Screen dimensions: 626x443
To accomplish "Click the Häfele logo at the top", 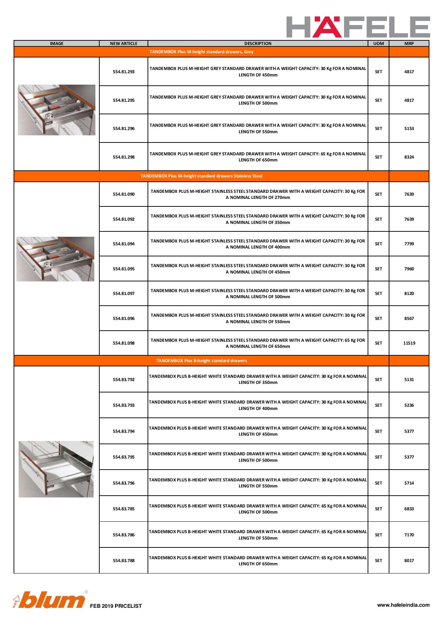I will (358, 27).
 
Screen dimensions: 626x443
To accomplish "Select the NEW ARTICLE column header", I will (124, 44).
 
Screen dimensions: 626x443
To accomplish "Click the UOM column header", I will (378, 44).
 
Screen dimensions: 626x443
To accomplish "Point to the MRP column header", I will (409, 44).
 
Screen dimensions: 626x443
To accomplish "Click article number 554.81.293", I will (124, 72).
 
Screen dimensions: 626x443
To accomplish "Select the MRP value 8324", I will (409, 157).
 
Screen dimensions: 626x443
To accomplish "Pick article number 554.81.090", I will (124, 194).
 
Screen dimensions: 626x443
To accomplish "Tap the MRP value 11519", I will (409, 343).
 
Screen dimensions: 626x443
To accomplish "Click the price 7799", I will (409, 244).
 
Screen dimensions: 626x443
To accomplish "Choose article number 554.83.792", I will (124, 380).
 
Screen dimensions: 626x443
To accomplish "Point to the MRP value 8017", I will (409, 561).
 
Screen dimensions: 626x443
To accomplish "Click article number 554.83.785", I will (124, 509).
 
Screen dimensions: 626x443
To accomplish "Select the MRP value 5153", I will (409, 129).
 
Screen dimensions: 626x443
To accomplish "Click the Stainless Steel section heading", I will (201, 176).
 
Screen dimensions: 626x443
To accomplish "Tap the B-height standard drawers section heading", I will (201, 361).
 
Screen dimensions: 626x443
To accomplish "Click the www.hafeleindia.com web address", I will (403, 605).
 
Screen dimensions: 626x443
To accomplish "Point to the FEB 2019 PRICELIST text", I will (116, 606).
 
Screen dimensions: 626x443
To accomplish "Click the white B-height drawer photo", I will (56, 469).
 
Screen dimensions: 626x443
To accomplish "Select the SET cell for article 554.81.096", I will (378, 319).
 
